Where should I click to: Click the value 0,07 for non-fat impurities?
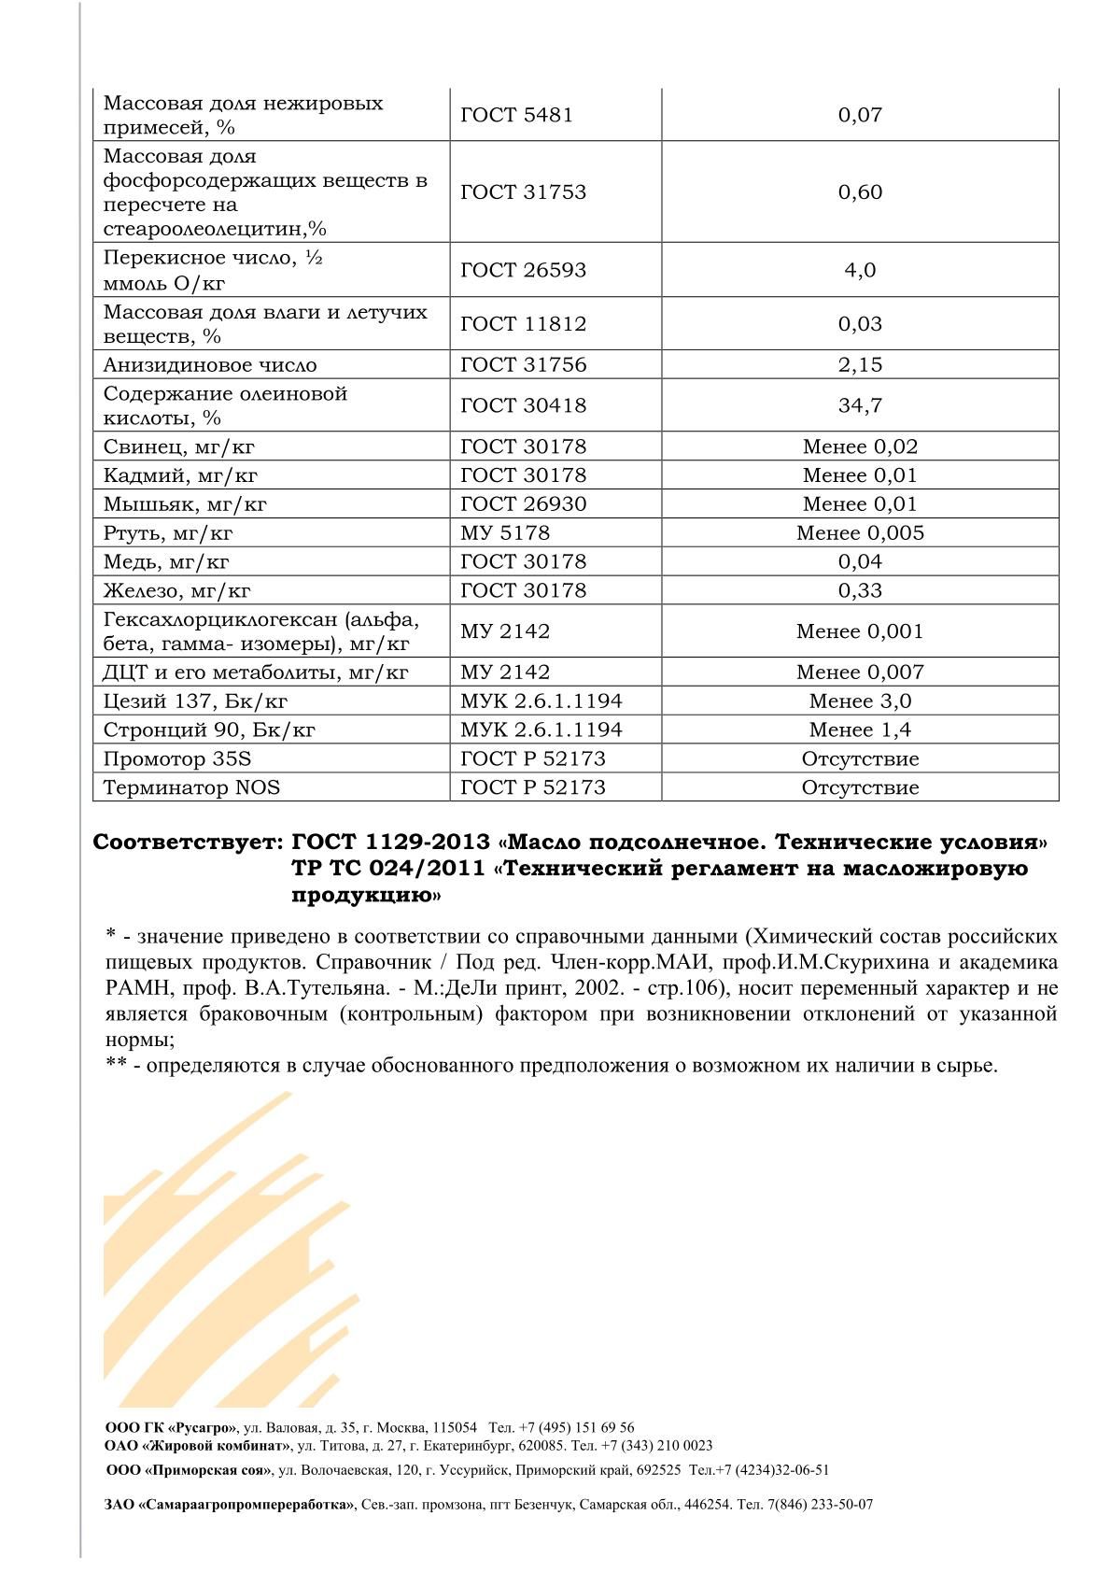click(x=860, y=115)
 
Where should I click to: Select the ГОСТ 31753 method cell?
click(x=523, y=191)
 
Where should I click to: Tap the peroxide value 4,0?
click(x=860, y=270)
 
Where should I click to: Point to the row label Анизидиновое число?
click(x=210, y=365)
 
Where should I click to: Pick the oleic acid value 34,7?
click(x=860, y=405)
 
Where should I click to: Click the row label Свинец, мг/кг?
click(x=180, y=446)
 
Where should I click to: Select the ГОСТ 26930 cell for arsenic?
click(x=523, y=504)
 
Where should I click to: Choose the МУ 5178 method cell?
click(x=505, y=533)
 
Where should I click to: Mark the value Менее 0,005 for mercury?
click(x=860, y=533)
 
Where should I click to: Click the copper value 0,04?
click(x=860, y=561)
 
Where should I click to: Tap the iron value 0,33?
click(x=860, y=590)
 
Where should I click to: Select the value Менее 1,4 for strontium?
click(x=860, y=729)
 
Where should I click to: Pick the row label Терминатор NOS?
click(x=191, y=787)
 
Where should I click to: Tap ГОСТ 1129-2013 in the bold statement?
click(x=390, y=843)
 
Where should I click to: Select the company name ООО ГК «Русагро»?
click(x=171, y=1428)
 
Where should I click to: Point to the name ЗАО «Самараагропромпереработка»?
click(x=230, y=1505)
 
